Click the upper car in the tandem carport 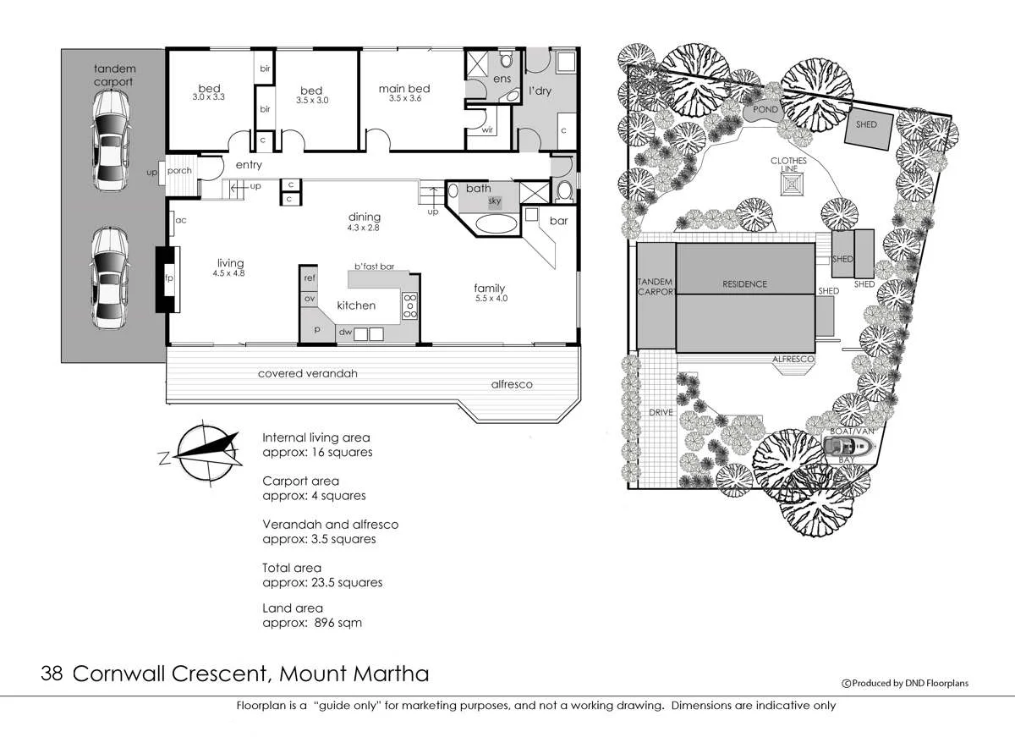pos(111,140)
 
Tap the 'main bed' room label pos(404,89)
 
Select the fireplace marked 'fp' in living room pos(167,278)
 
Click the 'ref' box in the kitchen pos(310,278)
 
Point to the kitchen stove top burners pos(409,305)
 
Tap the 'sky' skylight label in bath pos(495,201)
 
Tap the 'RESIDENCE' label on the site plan pos(744,284)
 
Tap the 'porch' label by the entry pos(179,171)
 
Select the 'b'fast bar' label pos(375,267)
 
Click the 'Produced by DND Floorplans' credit pos(904,683)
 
